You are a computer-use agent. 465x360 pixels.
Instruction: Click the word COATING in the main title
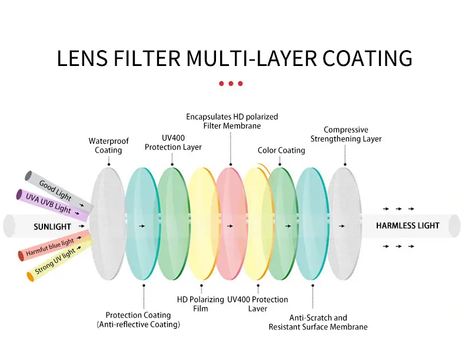[367, 58]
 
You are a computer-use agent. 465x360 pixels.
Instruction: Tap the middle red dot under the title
[231, 84]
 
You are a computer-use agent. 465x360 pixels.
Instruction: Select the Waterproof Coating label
[108, 146]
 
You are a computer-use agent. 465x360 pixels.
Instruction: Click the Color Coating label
[281, 150]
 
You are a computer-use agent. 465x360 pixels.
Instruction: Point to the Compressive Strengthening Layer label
[346, 134]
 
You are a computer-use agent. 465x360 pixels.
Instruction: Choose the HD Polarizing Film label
[201, 304]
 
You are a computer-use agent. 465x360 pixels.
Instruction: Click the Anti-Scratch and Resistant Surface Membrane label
[318, 322]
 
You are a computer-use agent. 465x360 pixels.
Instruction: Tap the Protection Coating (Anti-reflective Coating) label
[138, 319]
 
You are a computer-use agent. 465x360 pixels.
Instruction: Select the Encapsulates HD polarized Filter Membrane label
[232, 121]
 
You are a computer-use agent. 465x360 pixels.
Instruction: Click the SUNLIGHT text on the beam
[52, 227]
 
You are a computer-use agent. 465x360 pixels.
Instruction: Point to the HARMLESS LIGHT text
[407, 226]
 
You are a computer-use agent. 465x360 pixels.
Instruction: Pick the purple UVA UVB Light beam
[52, 205]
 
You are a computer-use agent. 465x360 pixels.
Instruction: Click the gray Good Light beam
[59, 192]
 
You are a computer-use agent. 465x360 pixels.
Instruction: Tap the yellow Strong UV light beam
[59, 260]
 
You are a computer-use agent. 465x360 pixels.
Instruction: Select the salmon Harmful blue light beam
[54, 245]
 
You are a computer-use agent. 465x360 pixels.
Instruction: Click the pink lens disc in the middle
[231, 224]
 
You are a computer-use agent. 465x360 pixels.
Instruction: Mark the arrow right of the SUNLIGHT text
[82, 226]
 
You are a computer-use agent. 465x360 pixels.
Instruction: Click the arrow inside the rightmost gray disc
[341, 226]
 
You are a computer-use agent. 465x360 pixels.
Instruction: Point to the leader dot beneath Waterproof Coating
[109, 164]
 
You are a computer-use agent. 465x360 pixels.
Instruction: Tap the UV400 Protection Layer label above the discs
[173, 143]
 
